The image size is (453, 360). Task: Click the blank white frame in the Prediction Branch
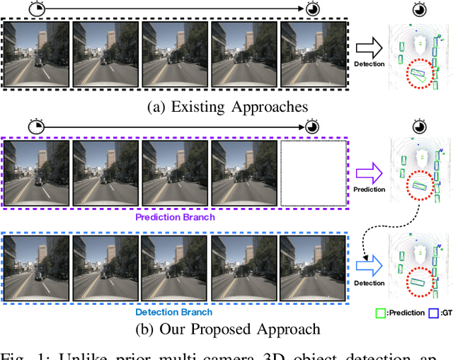click(x=314, y=173)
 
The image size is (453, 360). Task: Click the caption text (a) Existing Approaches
click(x=226, y=107)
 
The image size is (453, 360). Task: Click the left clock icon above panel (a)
click(x=36, y=8)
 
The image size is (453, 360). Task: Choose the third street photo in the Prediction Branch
click(x=176, y=173)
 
